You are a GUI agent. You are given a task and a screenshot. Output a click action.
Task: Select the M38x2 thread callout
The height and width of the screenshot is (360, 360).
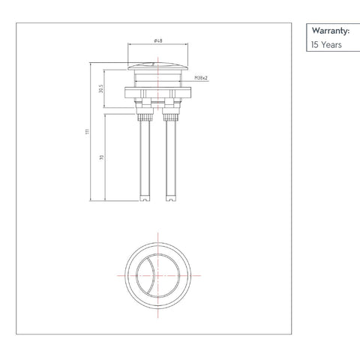[200, 78]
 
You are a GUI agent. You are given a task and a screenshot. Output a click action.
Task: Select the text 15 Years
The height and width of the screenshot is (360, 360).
[327, 45]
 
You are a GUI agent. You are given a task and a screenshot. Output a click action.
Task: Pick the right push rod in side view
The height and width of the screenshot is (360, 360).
[169, 157]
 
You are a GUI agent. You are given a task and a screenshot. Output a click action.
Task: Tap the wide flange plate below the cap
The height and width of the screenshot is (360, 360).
[157, 93]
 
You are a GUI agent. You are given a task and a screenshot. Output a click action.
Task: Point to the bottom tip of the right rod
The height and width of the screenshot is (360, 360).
[170, 199]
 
